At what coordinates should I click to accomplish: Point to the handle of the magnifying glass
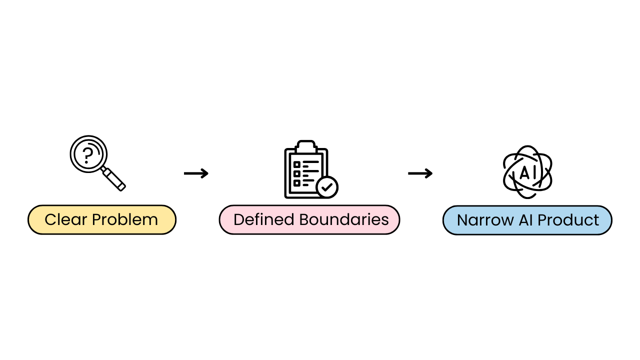tap(114, 179)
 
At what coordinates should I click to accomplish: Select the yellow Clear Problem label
tap(102, 220)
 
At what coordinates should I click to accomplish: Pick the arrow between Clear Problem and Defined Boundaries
tap(196, 173)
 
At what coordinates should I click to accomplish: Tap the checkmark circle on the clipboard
tap(327, 187)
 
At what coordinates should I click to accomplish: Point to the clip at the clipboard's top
tap(306, 146)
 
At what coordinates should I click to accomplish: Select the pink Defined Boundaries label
tap(309, 220)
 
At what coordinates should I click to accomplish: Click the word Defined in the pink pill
tap(264, 220)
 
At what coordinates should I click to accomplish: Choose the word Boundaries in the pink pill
tap(344, 220)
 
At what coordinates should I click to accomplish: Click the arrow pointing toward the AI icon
tap(420, 173)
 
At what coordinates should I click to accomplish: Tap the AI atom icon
tap(527, 172)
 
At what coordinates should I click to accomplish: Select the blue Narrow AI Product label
tap(527, 220)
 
